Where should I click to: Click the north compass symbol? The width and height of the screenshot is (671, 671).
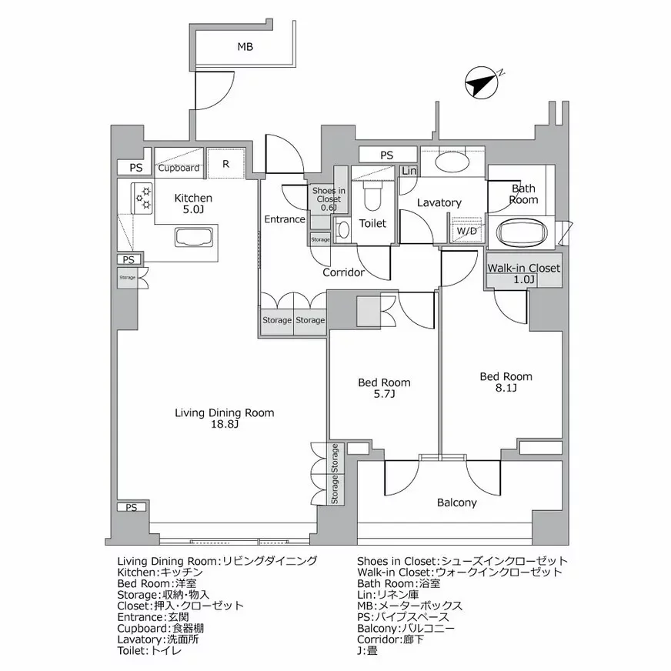482,83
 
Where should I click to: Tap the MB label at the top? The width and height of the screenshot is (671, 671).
245,47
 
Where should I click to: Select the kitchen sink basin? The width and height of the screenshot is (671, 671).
194,237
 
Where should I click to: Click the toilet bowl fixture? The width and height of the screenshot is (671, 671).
369,195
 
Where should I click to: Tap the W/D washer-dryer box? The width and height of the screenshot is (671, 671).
466,231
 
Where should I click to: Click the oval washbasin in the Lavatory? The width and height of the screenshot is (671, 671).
452,162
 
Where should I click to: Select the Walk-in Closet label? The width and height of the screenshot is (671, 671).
524,269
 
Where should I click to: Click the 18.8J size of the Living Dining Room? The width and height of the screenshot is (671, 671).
225,424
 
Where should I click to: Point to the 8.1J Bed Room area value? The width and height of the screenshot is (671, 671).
506,388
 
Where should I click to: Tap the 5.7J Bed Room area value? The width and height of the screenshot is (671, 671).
384,394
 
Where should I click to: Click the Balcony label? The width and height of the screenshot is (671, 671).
456,502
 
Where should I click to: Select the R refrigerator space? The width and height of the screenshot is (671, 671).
226,163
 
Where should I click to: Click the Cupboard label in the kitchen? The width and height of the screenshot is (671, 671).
179,169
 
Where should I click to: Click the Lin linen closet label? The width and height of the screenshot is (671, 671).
409,171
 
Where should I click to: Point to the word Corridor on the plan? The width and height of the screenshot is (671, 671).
344,272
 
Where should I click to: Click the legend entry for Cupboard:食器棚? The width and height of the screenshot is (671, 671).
161,628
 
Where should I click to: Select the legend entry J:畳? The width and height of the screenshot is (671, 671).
367,651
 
